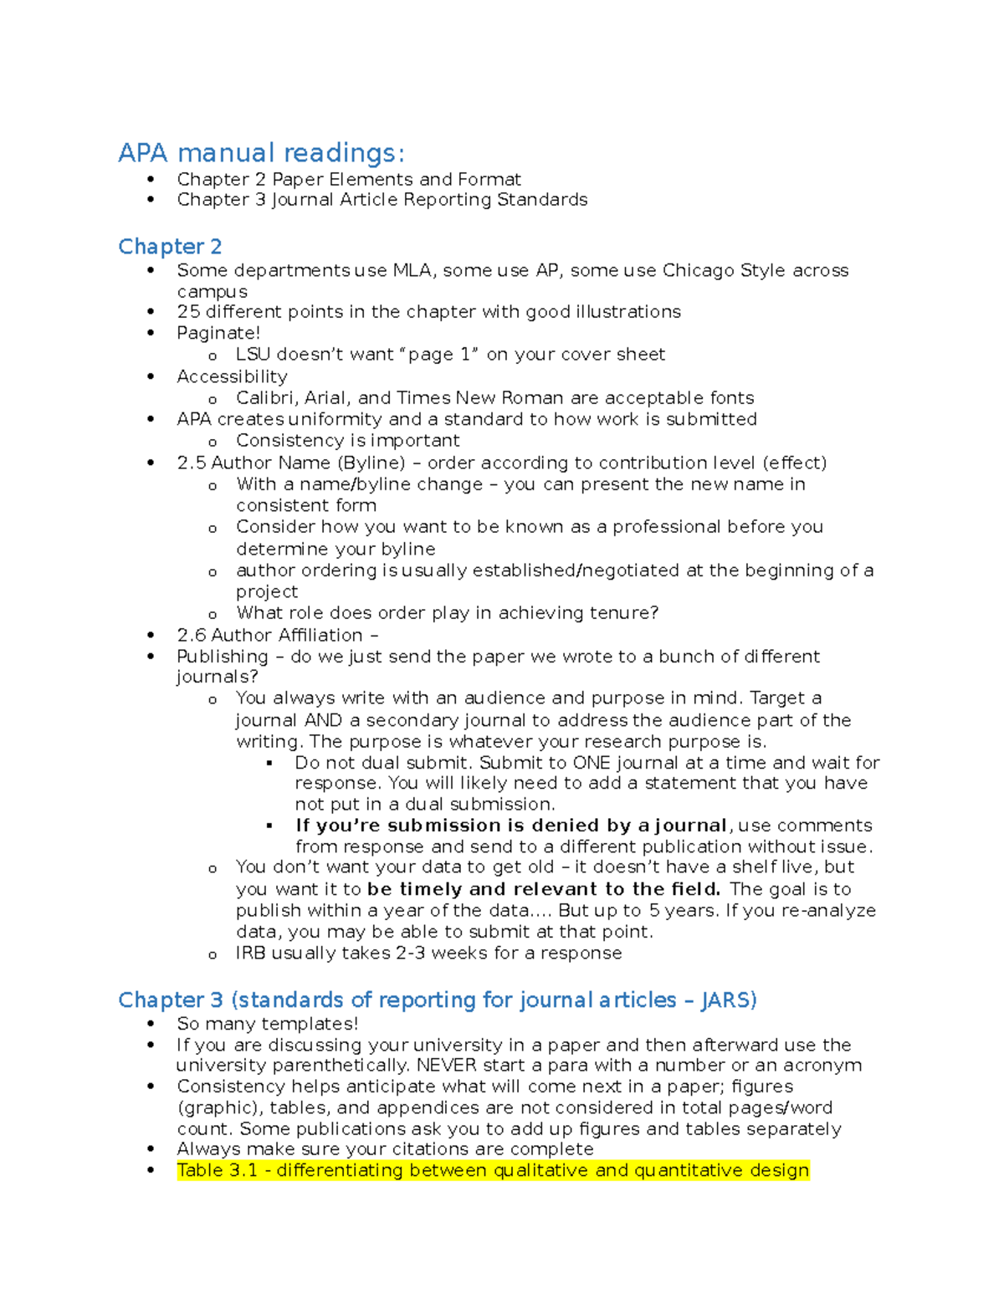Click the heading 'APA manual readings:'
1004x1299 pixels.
(261, 153)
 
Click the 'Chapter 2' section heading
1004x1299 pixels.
(170, 247)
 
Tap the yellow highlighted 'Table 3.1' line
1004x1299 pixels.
(493, 1170)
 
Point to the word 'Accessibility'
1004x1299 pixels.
(232, 376)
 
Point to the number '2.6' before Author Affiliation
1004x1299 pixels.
(191, 635)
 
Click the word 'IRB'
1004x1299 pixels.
(250, 954)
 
